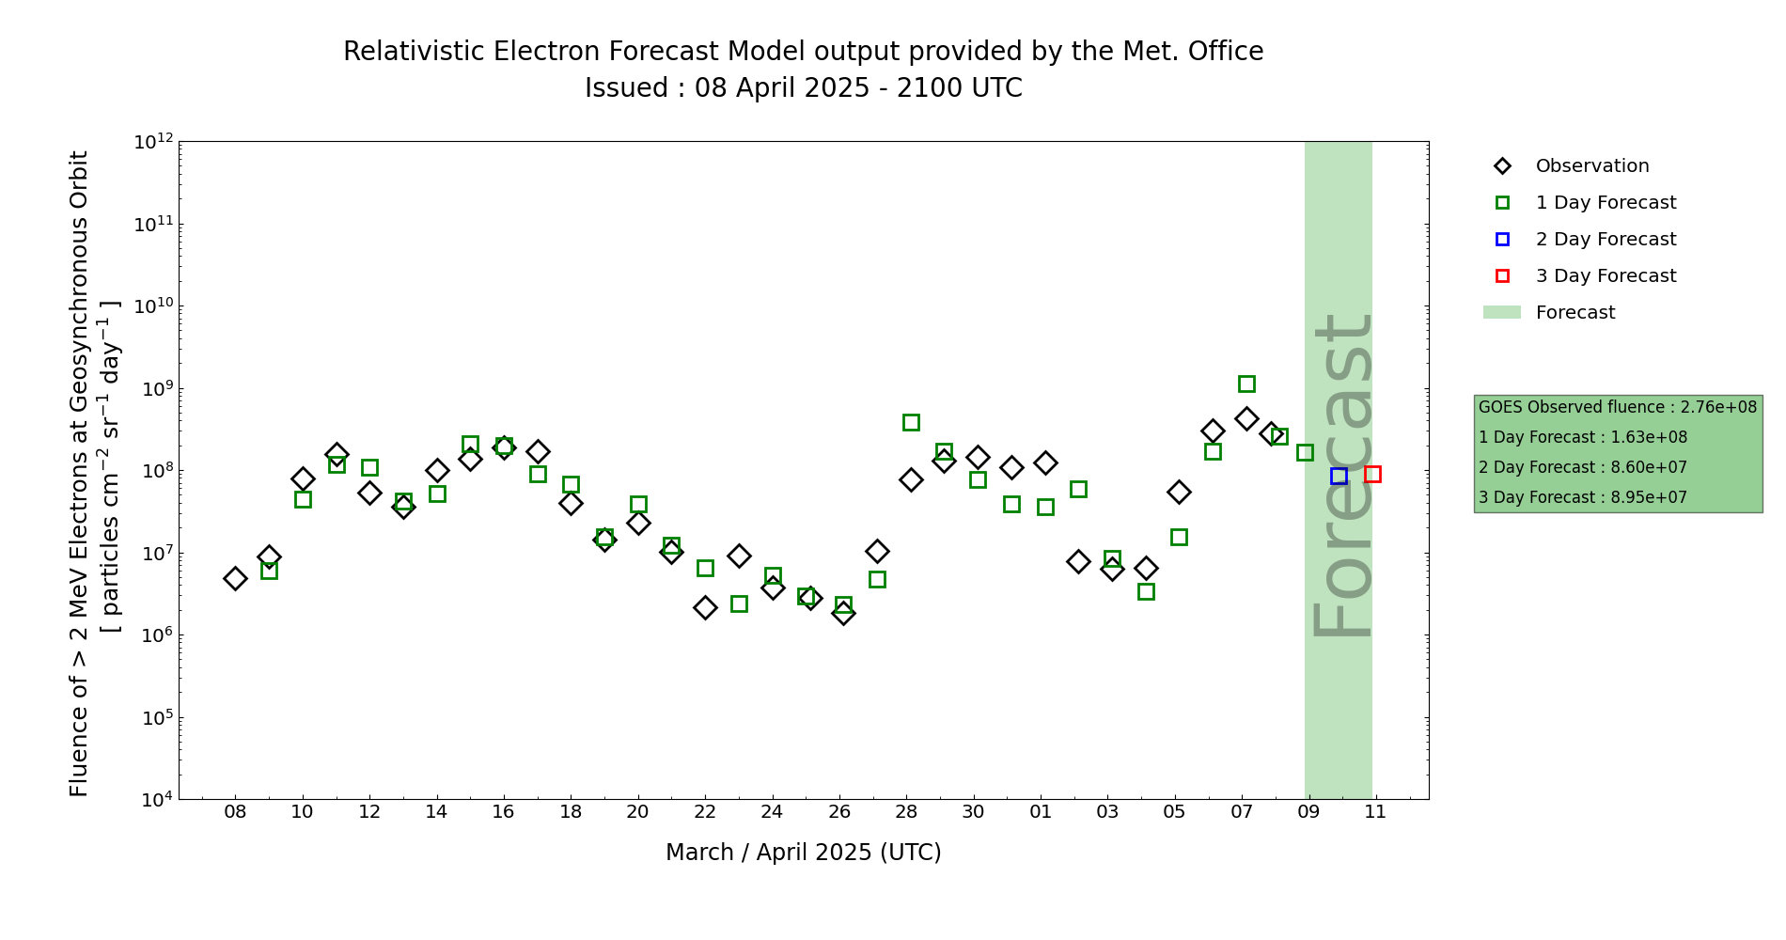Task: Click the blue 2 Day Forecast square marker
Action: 1339,477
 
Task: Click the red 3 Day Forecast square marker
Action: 1372,475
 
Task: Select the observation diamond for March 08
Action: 235,578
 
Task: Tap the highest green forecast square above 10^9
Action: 1246,384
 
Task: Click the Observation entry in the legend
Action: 1591,166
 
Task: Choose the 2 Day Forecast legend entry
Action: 1605,240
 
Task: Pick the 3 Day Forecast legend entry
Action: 1605,276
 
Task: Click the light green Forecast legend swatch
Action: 1501,313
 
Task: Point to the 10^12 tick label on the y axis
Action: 153,142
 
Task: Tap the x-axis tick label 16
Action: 504,811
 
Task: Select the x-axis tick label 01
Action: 1041,811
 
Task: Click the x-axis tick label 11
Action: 1376,811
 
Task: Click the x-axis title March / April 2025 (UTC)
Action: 803,853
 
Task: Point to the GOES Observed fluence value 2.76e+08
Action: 1718,407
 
